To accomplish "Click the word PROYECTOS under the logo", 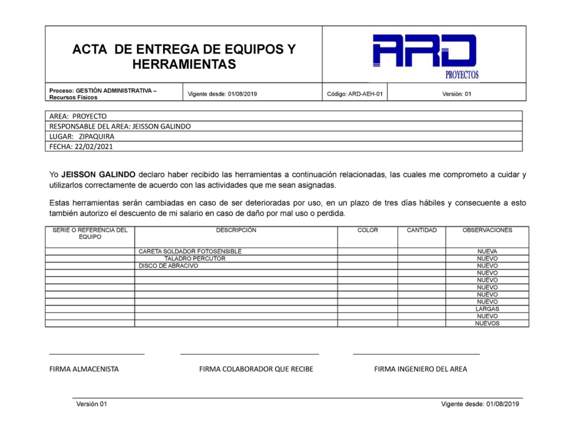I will pyautogui.click(x=462, y=74).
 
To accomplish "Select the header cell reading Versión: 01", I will pyautogui.click(x=456, y=94).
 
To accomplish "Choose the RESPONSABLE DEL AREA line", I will pyautogui.click(x=120, y=127).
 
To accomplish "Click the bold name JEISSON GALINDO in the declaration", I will pyautogui.click(x=98, y=175).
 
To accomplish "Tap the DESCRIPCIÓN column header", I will pyautogui.click(x=236, y=230).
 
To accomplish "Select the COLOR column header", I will pyautogui.click(x=368, y=230).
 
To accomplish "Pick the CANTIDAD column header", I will pyautogui.click(x=422, y=230).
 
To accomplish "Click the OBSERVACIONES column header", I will pyautogui.click(x=487, y=230).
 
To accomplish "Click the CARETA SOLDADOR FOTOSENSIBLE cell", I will pyautogui.click(x=190, y=251).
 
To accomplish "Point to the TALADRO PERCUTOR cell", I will pyautogui.click(x=195, y=259).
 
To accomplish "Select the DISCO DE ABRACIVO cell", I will pyautogui.click(x=168, y=266).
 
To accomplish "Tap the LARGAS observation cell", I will pyautogui.click(x=487, y=309).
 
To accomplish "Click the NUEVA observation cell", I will pyautogui.click(x=487, y=251).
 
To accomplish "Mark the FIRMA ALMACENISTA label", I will pyautogui.click(x=84, y=369).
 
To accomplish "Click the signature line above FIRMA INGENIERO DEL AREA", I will pyautogui.click(x=416, y=354).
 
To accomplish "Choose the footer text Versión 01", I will pyautogui.click(x=91, y=404).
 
